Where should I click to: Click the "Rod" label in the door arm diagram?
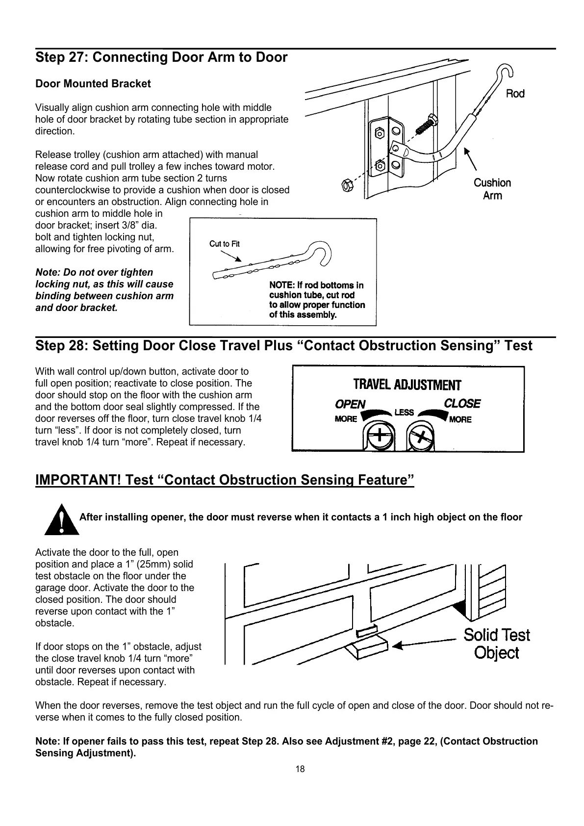515,94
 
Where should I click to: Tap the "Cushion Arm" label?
492,189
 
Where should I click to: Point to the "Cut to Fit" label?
225,244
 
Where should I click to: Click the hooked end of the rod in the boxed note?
322,252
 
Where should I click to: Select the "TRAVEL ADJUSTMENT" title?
407,385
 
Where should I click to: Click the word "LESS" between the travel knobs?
404,413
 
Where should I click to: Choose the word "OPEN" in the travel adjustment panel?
350,404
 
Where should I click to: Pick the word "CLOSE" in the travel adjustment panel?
462,404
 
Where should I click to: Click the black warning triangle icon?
61,519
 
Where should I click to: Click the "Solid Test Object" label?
496,644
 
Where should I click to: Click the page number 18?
300,769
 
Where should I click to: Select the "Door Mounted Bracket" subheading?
93,84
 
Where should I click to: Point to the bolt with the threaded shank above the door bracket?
425,124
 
